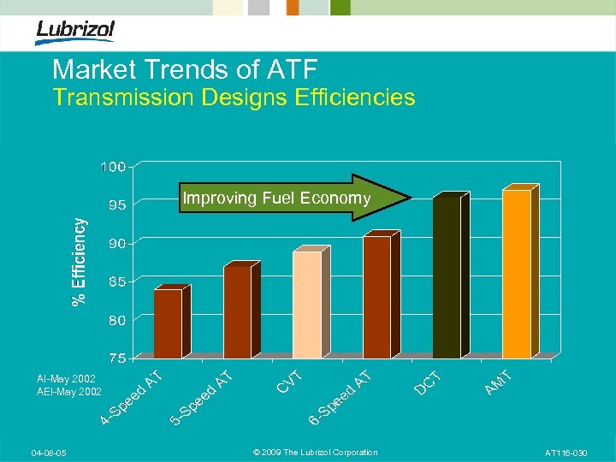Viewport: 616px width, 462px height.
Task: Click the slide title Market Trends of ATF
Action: pos(184,69)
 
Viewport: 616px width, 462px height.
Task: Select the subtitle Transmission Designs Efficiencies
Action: pos(234,98)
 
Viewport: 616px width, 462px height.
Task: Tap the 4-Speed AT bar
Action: pos(169,323)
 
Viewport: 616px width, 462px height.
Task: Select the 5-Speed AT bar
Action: pos(238,311)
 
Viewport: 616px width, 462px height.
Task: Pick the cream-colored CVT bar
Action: pos(307,303)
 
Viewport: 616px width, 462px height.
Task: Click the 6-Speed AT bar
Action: pos(376,296)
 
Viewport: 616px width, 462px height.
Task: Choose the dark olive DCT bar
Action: pos(447,275)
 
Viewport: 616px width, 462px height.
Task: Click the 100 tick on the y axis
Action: pos(114,166)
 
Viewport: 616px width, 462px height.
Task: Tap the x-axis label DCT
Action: pos(428,382)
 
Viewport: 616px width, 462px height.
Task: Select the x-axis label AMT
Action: pos(498,382)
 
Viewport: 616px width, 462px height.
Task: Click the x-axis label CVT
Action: pos(289,382)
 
